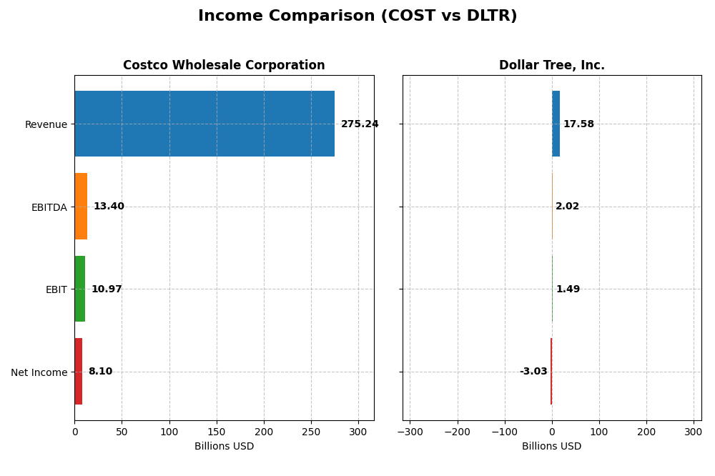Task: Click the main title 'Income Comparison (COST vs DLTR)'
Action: [357, 16]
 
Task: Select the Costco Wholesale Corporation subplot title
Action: [224, 65]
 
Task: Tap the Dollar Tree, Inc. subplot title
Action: [551, 65]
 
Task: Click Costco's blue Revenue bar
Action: [204, 124]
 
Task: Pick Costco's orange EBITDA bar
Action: [81, 207]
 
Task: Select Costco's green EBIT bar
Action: [79, 289]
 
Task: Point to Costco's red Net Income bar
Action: [78, 372]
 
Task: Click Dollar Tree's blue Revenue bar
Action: [556, 124]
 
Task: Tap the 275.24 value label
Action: [360, 124]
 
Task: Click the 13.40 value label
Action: [109, 207]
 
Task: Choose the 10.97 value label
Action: [107, 289]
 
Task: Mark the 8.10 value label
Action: [100, 372]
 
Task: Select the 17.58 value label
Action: [578, 124]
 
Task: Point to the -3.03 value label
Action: [533, 372]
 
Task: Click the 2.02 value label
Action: [567, 207]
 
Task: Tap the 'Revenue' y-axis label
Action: [46, 124]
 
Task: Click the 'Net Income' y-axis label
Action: [39, 372]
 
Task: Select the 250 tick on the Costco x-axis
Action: [311, 432]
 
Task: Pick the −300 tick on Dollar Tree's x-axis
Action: [410, 432]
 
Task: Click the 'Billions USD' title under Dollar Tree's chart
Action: [551, 447]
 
